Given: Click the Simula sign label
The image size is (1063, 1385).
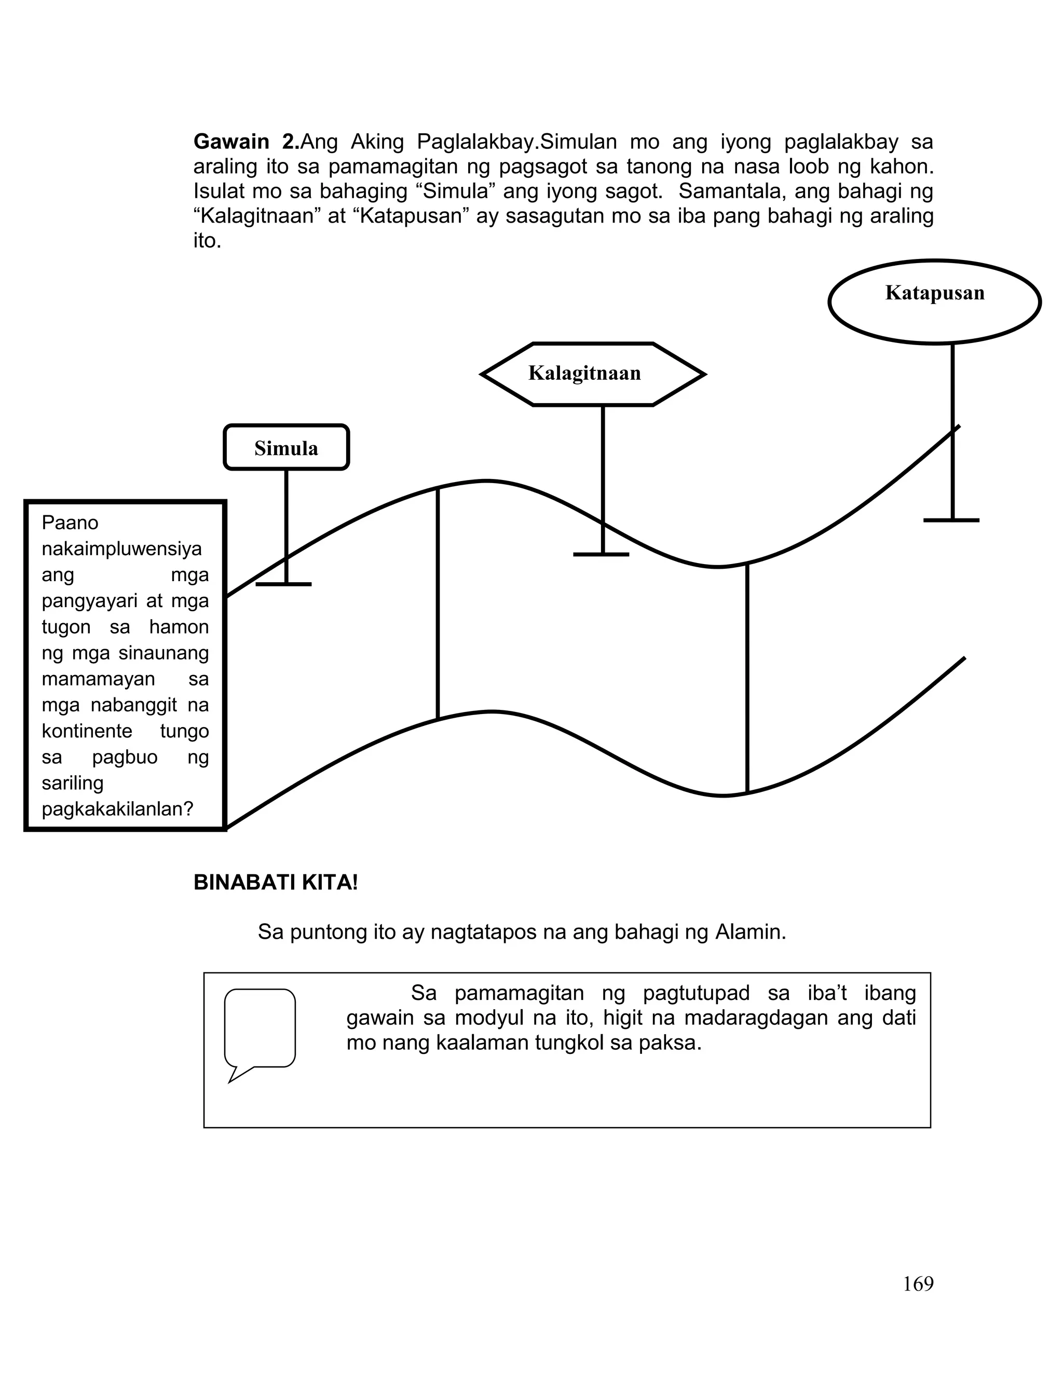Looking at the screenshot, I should click(x=286, y=448).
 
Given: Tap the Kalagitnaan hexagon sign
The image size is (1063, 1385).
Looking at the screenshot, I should click(x=584, y=373).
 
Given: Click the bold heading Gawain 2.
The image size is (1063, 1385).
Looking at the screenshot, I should click(x=247, y=142).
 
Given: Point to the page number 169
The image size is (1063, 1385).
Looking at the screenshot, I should click(x=918, y=1283).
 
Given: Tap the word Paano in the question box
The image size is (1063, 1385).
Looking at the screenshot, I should click(x=70, y=523).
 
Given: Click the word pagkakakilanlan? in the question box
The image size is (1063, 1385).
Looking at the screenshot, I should click(x=118, y=809).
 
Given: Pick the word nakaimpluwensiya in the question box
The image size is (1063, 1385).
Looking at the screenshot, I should click(x=121, y=549).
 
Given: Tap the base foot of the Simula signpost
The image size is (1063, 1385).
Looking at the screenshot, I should click(x=283, y=584).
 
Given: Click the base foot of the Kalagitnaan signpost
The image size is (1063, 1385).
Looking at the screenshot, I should click(x=601, y=555).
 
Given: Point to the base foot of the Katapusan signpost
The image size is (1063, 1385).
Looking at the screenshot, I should click(x=951, y=520).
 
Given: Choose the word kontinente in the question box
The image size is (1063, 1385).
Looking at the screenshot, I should click(x=87, y=731).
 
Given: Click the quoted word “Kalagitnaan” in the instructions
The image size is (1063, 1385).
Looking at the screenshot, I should click(x=253, y=216).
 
